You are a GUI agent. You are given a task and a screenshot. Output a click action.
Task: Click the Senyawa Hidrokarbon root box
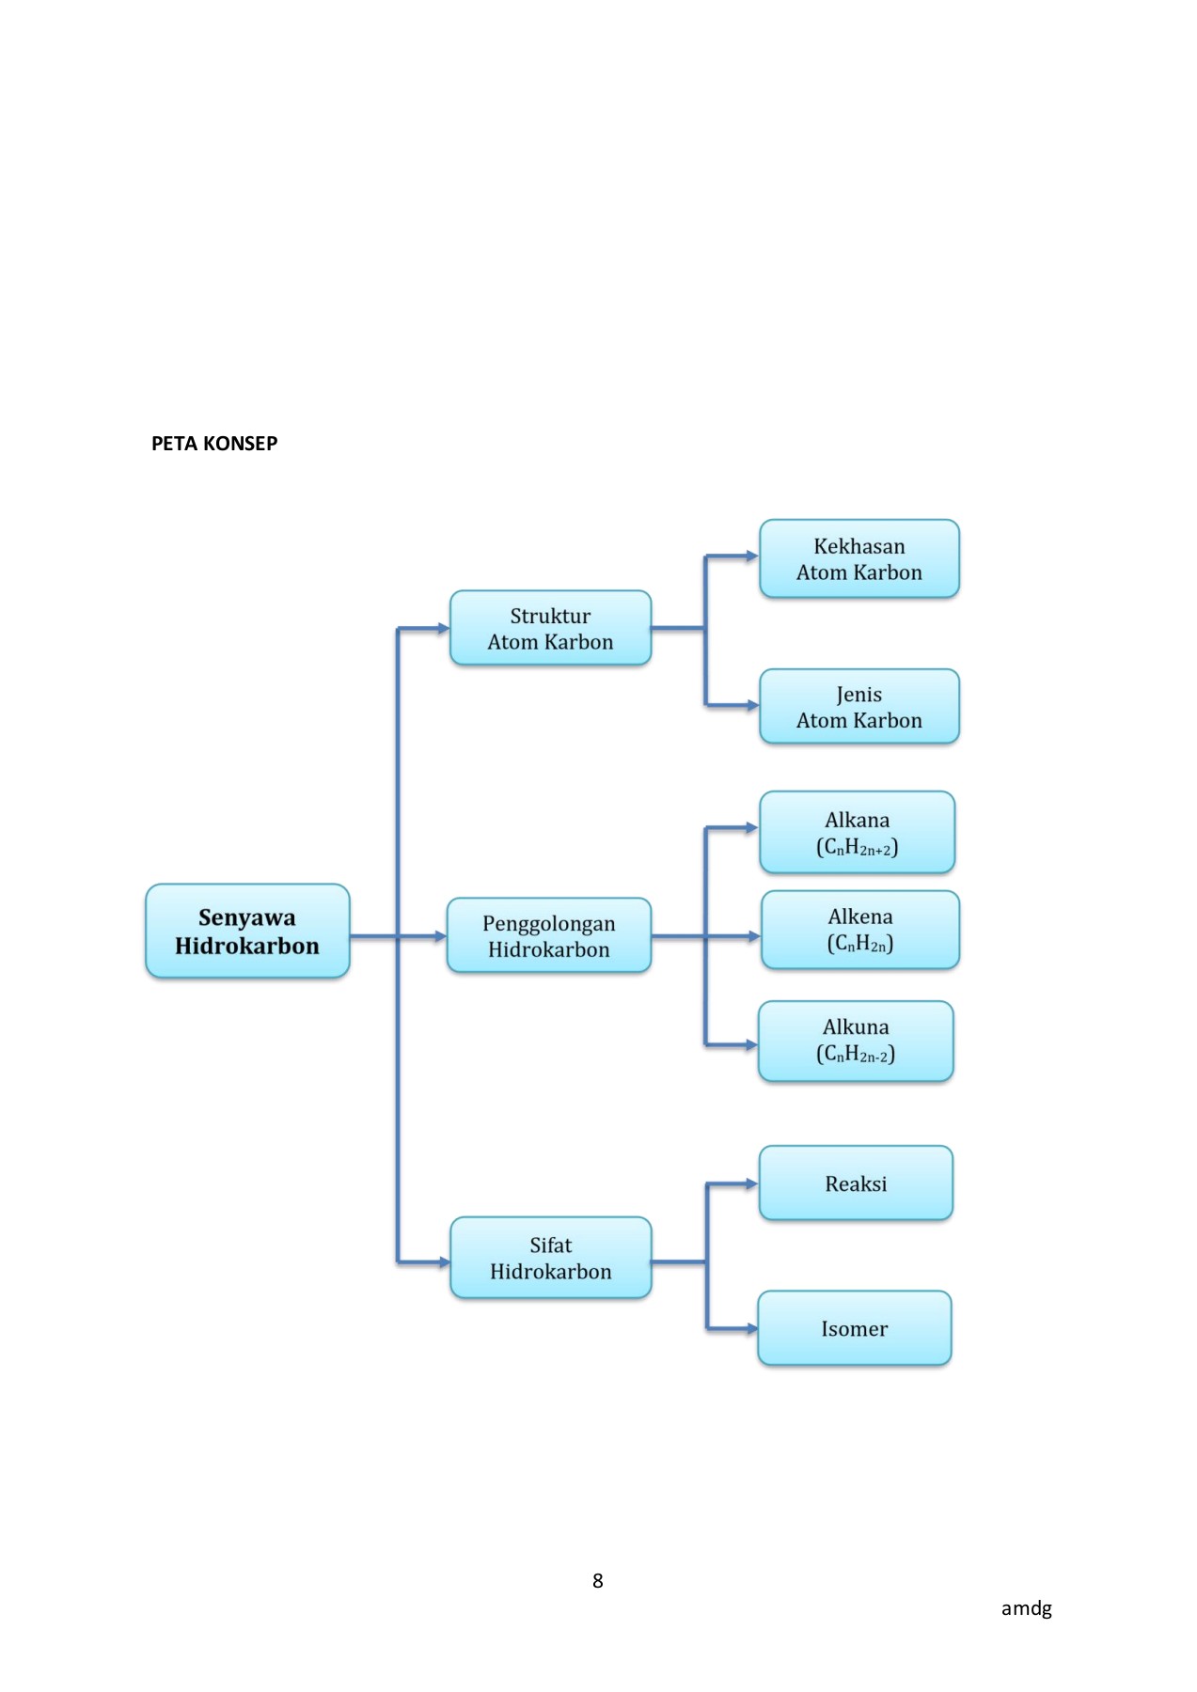point(247,931)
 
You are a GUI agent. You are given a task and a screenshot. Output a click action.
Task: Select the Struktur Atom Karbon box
point(550,628)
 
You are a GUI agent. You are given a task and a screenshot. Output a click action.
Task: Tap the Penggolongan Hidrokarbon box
point(549,935)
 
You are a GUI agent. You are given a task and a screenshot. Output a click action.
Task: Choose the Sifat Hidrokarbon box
point(550,1258)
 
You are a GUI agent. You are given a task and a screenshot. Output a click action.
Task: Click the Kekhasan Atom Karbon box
point(858,558)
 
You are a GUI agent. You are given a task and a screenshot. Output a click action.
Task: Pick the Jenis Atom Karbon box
point(858,706)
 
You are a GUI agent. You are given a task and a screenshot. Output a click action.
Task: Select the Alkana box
point(857,832)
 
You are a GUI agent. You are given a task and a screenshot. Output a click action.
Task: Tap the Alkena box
point(859,930)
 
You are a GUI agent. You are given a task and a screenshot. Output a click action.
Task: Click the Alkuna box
point(856,1041)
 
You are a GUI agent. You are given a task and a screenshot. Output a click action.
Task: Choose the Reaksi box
point(856,1183)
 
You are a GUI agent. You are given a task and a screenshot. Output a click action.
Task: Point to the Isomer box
point(854,1327)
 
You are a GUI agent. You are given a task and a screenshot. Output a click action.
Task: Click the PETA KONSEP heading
point(214,444)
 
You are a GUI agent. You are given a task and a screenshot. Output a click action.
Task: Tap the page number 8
point(597,1581)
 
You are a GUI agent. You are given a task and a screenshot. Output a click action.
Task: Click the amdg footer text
point(1026,1608)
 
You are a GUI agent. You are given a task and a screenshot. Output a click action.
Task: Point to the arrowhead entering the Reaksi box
point(751,1183)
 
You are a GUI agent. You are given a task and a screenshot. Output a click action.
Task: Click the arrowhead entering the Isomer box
point(751,1328)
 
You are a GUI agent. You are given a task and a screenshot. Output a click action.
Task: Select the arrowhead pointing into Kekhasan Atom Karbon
point(751,556)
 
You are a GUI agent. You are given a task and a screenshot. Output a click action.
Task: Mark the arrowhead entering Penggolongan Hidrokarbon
point(440,936)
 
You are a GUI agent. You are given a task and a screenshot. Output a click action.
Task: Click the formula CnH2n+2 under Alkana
point(857,848)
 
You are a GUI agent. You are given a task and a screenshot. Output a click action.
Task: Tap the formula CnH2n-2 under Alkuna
point(856,1055)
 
